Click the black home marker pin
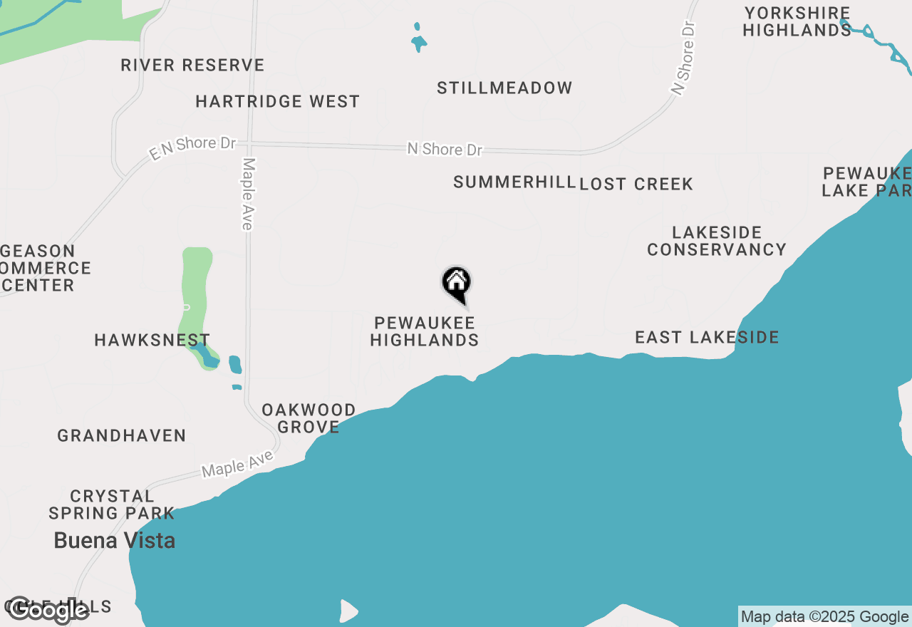click(457, 284)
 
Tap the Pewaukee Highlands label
click(425, 332)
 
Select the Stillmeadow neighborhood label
click(504, 88)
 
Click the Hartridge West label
click(278, 102)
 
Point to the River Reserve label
click(192, 66)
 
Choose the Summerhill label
click(514, 182)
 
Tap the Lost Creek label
click(636, 185)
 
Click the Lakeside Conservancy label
click(717, 241)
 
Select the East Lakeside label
click(707, 337)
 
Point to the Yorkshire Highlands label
click(797, 22)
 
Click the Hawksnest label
click(152, 341)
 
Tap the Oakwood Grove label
click(309, 418)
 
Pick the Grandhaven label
click(122, 435)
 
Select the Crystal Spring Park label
click(112, 504)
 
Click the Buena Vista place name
click(115, 541)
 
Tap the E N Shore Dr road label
click(192, 147)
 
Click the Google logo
click(48, 610)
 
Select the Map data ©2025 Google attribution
click(824, 617)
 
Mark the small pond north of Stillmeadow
click(419, 41)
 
